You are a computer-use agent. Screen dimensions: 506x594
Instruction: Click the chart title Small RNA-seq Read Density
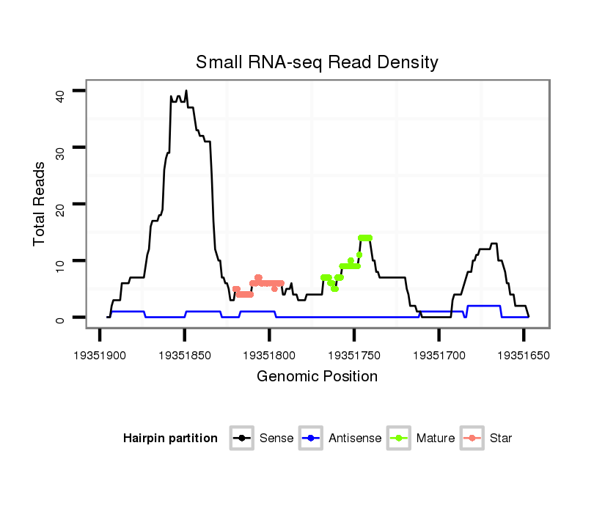click(x=317, y=62)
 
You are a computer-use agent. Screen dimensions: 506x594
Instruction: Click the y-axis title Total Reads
click(x=40, y=203)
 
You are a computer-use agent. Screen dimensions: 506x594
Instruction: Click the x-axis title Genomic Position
click(x=317, y=377)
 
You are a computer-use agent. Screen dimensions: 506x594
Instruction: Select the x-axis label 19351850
click(x=184, y=355)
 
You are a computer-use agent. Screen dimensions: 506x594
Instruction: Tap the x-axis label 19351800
click(x=269, y=355)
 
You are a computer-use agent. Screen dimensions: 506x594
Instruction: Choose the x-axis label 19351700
click(x=439, y=355)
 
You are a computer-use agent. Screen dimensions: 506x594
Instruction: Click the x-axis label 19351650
click(x=524, y=355)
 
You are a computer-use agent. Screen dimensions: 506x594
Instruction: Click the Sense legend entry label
click(x=276, y=439)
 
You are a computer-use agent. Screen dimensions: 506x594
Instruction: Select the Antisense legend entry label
click(x=355, y=439)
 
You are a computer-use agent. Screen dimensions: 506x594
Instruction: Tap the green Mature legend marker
click(x=400, y=439)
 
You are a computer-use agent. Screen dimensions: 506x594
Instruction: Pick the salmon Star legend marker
click(x=473, y=439)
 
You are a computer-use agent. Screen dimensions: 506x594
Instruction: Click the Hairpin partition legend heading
click(x=170, y=439)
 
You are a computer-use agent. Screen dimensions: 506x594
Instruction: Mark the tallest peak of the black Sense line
click(x=186, y=91)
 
